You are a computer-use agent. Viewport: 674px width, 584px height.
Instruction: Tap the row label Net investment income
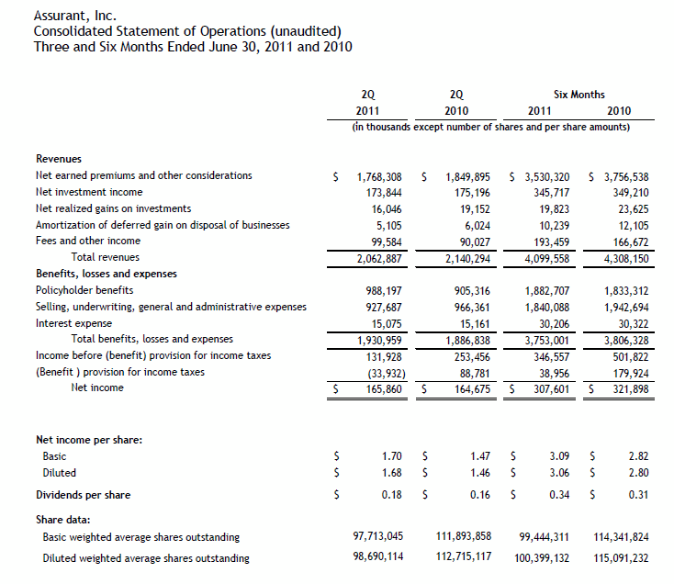(x=89, y=192)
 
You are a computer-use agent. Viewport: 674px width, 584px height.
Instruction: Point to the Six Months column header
(x=579, y=94)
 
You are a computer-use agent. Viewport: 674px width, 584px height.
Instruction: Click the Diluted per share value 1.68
(x=394, y=472)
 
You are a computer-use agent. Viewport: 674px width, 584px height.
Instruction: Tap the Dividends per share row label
(x=83, y=495)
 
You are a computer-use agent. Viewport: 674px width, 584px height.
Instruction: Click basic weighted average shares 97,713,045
(x=378, y=536)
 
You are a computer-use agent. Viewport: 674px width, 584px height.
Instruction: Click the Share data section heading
(x=62, y=519)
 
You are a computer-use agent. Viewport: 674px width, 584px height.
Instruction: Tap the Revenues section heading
(x=58, y=159)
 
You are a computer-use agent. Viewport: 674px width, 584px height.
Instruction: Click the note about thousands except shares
(x=490, y=126)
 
